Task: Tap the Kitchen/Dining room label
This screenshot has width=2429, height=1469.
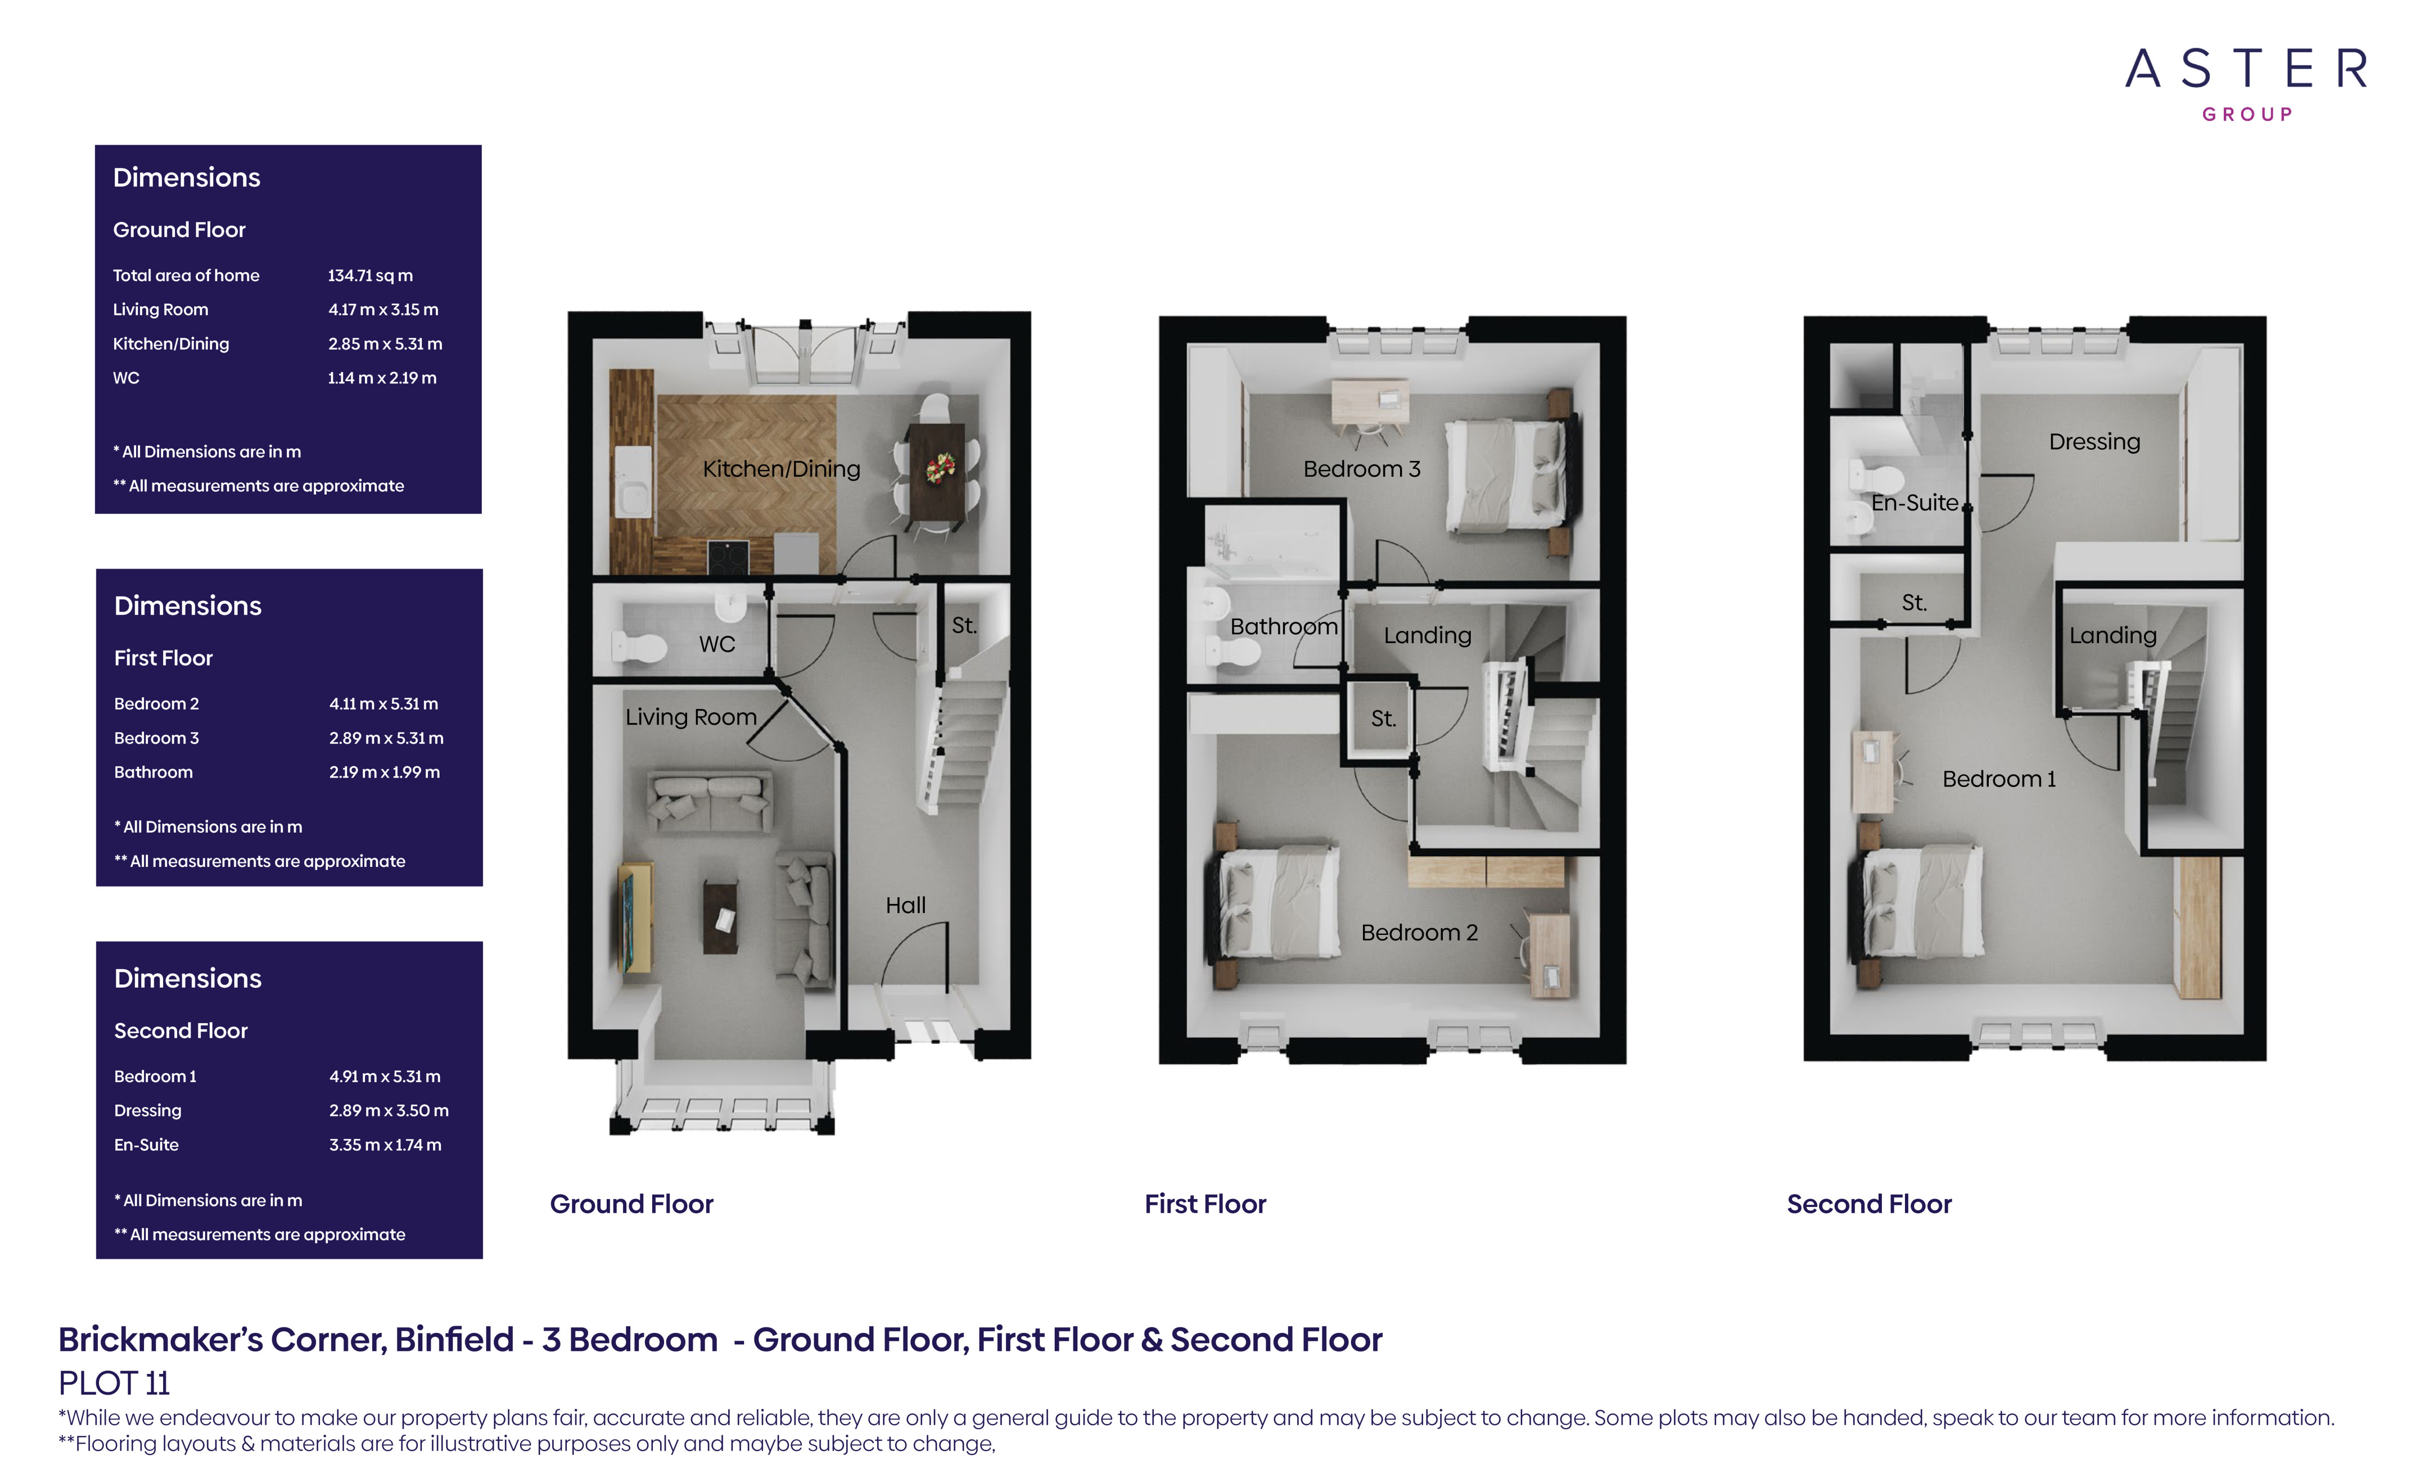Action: click(x=781, y=469)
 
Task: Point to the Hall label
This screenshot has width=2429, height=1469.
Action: click(x=905, y=905)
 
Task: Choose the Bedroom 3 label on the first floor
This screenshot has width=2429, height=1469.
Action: click(x=1361, y=469)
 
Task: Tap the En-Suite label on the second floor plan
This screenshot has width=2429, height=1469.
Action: click(x=1915, y=503)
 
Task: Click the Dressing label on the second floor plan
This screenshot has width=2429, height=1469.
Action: click(x=2094, y=442)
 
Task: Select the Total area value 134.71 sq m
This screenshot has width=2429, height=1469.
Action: click(x=369, y=276)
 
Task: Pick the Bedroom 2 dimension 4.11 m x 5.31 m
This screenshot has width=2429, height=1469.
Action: click(x=383, y=704)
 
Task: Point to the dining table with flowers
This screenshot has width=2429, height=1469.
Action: click(x=937, y=471)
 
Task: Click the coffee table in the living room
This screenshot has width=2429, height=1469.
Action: click(x=721, y=917)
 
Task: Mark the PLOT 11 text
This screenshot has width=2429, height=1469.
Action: click(x=114, y=1383)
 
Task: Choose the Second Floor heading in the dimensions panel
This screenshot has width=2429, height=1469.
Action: click(x=180, y=1030)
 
